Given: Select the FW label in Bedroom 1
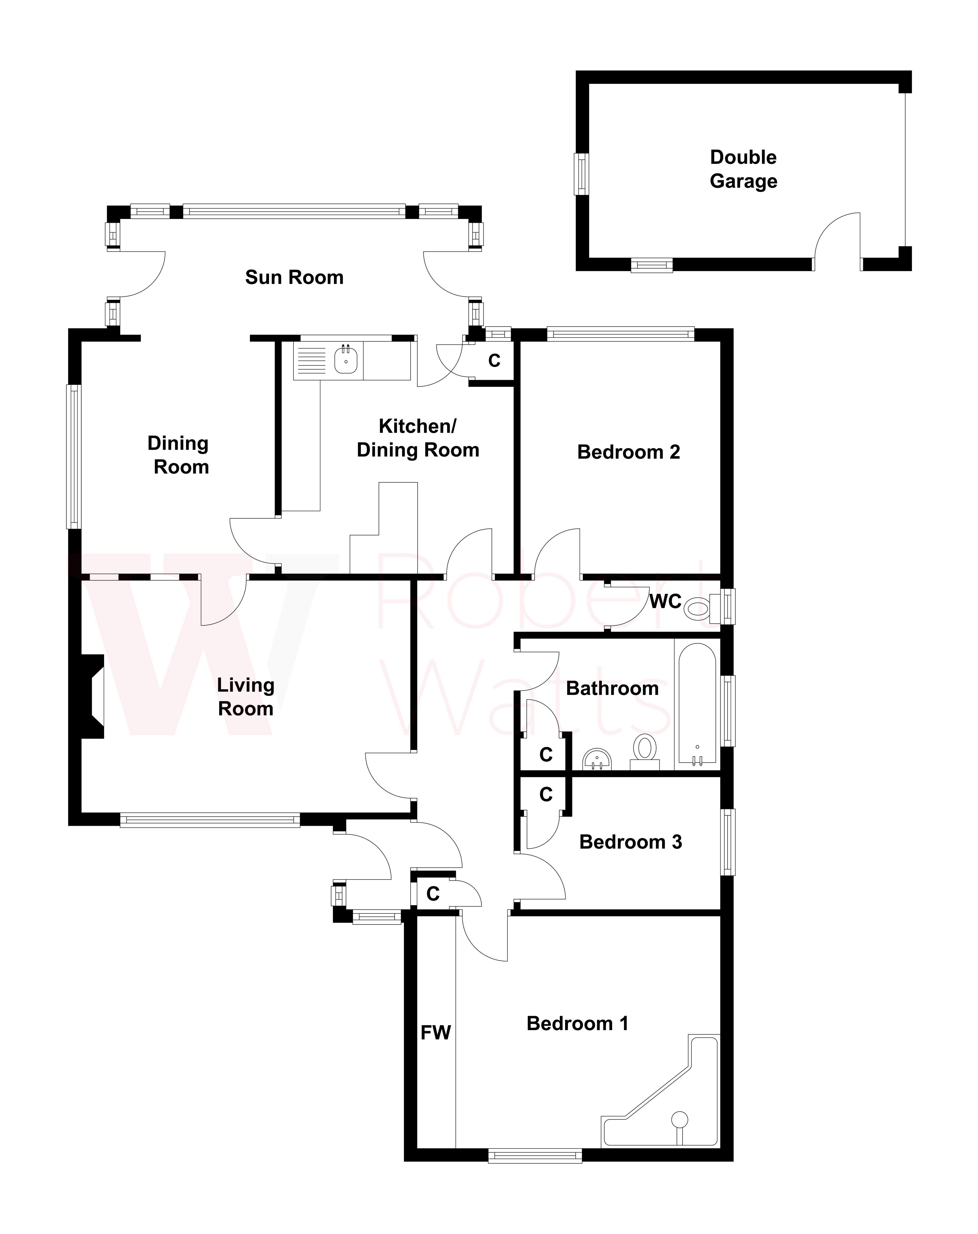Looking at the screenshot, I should [x=436, y=1033].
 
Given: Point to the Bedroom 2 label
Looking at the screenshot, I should [x=628, y=452].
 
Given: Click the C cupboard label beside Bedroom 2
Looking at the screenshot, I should [x=494, y=361].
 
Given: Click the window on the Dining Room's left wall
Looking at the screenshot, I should [x=74, y=456].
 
